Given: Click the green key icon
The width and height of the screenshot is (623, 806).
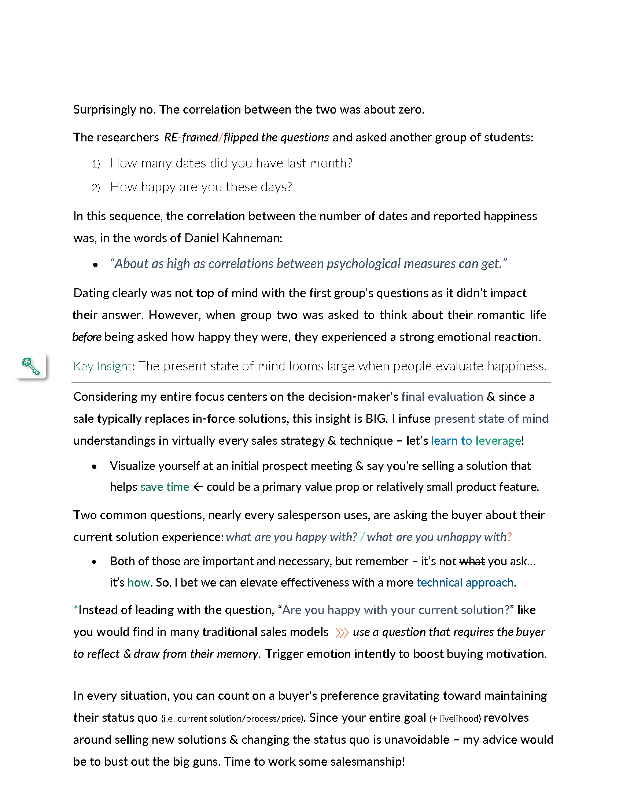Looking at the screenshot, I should coord(31,366).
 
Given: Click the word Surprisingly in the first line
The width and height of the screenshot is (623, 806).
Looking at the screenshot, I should coord(104,110).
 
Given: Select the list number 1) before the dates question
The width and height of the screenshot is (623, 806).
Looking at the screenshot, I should coord(96,164).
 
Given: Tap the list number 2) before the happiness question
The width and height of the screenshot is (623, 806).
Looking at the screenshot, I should coord(96,188).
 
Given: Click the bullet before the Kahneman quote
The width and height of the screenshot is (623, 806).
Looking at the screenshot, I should coord(96,265).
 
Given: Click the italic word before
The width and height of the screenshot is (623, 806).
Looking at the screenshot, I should coord(87,337).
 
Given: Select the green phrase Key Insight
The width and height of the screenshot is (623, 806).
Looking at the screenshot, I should coord(102,366).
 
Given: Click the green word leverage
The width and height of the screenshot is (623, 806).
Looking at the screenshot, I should coord(498,441).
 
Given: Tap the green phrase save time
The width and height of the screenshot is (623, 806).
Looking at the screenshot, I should coord(165,487).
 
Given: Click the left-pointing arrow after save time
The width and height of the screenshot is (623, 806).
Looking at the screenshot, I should coord(198,487).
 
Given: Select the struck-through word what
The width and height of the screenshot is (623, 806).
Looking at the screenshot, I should coord(472,561).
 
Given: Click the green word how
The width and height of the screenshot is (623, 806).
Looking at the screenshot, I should coord(139,583).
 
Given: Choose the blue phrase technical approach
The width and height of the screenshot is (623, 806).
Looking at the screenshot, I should coord(465,583).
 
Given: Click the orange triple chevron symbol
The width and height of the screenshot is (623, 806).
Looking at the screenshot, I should coord(342,633).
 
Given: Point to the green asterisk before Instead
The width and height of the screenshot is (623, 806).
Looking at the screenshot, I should coord(75,609).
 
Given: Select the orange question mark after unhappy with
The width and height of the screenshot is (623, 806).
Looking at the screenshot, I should coord(509,537).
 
